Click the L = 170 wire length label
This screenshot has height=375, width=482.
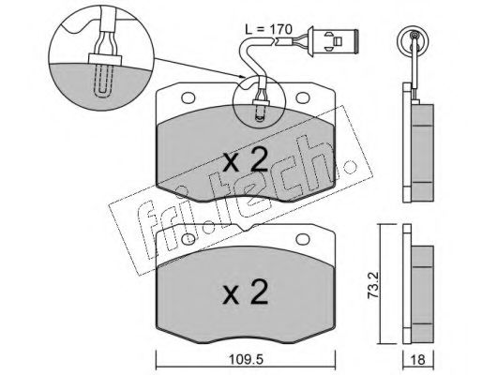tap(269, 30)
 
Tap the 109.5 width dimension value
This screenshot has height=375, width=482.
tap(246, 360)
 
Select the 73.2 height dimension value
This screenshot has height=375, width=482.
tap(373, 285)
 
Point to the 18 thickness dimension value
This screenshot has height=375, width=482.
tap(418, 360)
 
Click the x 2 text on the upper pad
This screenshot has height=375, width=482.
tap(246, 159)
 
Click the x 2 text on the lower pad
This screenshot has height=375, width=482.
tap(246, 292)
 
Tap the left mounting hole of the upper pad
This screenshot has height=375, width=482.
tap(188, 97)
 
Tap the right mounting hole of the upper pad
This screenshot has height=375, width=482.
tap(303, 97)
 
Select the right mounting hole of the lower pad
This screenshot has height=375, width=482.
tap(303, 239)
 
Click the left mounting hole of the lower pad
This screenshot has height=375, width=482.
tap(188, 239)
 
